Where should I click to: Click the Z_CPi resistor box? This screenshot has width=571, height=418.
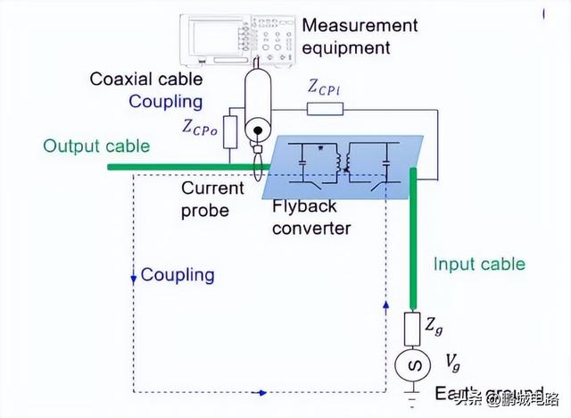click(325, 109)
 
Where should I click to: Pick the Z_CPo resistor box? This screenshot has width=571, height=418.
click(231, 131)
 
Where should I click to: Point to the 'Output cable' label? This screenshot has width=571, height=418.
click(96, 146)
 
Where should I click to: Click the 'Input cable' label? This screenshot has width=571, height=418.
click(479, 263)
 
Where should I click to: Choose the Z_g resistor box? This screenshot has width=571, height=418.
click(413, 328)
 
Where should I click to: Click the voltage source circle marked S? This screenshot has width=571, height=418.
click(413, 366)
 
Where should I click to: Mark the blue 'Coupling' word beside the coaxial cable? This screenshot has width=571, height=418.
click(166, 102)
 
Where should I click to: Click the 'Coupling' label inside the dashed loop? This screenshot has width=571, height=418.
click(178, 274)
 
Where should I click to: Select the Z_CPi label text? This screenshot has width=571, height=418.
click(325, 87)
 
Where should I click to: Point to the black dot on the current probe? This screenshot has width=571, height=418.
click(259, 130)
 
